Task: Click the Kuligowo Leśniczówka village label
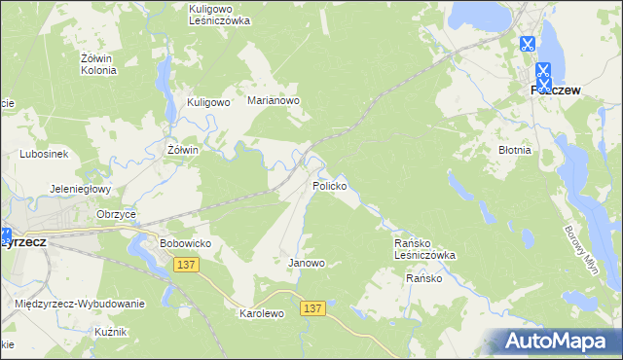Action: (x=219, y=14)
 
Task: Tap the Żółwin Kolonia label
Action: (x=97, y=64)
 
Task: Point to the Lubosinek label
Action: (x=43, y=154)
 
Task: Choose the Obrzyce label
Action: (x=117, y=214)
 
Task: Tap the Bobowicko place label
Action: (x=185, y=242)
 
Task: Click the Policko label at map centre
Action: (x=330, y=185)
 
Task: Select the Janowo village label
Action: (x=307, y=263)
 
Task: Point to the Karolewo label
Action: (x=261, y=314)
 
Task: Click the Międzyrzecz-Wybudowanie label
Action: (x=80, y=304)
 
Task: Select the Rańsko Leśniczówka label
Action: (x=423, y=248)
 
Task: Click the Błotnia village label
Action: (x=514, y=151)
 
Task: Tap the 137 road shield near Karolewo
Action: (x=311, y=307)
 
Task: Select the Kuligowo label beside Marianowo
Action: (x=207, y=101)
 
